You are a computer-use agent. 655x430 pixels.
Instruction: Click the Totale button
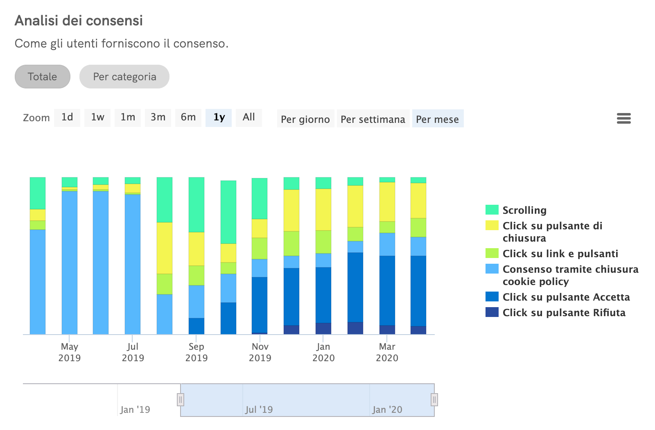pos(42,77)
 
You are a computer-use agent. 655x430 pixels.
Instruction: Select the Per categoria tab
pos(124,77)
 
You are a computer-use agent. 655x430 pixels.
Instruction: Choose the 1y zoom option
pos(219,118)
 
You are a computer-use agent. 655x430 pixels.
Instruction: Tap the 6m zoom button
pos(188,118)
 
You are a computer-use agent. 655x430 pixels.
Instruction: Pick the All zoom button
pos(248,118)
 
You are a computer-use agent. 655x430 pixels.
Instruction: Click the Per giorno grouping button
pos(305,119)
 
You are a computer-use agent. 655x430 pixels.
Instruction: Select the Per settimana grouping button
pos(373,119)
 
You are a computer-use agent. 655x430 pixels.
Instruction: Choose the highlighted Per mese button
pos(437,119)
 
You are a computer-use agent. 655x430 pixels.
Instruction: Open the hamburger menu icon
pos(623,118)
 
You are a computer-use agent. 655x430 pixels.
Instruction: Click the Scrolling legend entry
pos(524,210)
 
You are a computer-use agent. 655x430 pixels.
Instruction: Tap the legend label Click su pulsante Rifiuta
pos(564,312)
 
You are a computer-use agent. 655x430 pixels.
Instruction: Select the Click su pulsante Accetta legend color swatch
pos(492,296)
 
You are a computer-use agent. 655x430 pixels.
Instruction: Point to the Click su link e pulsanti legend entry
pos(560,253)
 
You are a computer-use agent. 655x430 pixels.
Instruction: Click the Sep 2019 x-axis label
pos(196,352)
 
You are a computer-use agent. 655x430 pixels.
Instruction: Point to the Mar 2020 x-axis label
pos(387,352)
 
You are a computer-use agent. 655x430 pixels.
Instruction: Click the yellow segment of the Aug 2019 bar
pos(165,248)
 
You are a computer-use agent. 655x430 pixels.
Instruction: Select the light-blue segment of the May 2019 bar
pos(70,262)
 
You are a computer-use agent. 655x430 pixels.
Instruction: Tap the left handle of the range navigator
pos(181,399)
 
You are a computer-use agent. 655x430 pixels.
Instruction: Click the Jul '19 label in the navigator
pos(259,410)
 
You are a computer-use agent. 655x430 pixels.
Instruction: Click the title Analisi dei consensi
pos(79,20)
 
